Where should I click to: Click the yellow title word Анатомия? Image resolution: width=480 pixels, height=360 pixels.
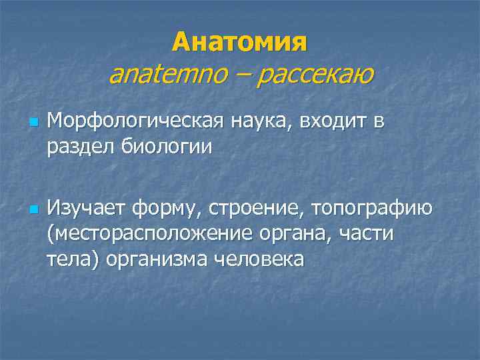point(240,43)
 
